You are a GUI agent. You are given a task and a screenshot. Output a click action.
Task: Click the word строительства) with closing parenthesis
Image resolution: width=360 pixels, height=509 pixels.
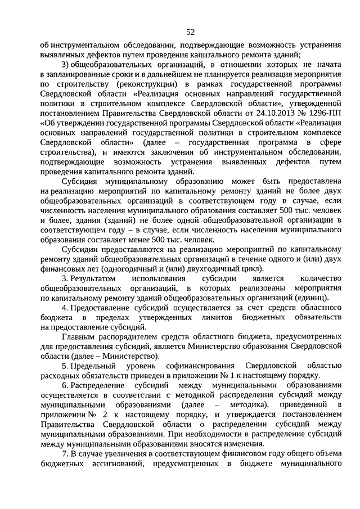pos(73,152)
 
